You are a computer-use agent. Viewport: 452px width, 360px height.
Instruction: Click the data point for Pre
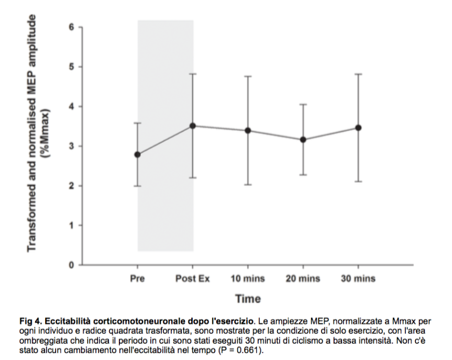pos(138,154)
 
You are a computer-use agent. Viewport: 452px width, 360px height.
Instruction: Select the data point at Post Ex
pos(193,126)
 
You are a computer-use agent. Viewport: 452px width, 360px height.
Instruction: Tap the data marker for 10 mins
pos(248,130)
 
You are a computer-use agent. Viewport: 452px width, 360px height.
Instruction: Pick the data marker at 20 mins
pos(303,140)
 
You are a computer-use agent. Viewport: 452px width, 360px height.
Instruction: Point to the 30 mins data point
pos(358,128)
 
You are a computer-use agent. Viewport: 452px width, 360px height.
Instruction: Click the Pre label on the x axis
pos(137,278)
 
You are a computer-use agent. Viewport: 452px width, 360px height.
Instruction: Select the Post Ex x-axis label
pos(193,278)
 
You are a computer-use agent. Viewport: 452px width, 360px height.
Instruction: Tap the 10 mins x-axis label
pos(248,278)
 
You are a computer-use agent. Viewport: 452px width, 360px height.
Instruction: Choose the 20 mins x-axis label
pos(303,278)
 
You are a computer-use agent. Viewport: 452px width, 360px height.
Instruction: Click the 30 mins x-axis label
pos(358,278)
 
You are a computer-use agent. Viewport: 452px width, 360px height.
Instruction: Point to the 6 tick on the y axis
pos(71,27)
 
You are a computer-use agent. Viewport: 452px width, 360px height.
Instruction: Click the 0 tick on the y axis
pos(71,265)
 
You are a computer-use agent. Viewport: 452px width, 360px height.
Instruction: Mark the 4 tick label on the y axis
pos(71,107)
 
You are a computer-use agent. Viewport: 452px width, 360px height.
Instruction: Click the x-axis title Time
pos(248,299)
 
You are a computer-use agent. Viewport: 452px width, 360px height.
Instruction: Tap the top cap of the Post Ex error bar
pos(193,74)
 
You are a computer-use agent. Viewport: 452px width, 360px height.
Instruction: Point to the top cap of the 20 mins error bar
pos(303,105)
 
